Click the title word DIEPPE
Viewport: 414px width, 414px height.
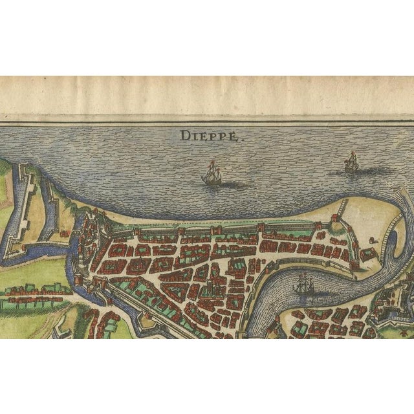coord(202,136)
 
